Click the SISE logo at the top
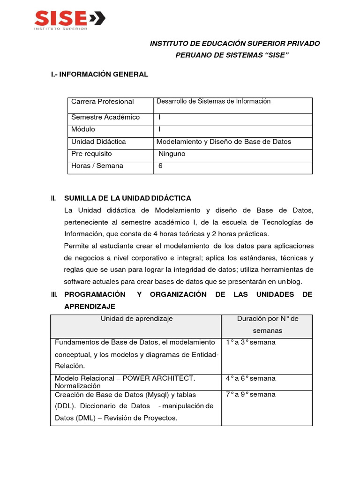(x=69, y=20)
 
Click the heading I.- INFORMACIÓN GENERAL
(x=99, y=74)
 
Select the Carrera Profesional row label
(x=102, y=102)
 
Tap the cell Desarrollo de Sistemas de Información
(x=213, y=101)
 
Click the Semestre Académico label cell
(x=105, y=117)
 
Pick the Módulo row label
(x=83, y=129)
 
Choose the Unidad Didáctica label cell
(x=98, y=142)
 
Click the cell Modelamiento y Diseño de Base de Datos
(x=224, y=142)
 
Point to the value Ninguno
(x=172, y=154)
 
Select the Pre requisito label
(x=91, y=154)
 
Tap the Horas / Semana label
(x=97, y=166)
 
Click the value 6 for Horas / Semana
(x=160, y=166)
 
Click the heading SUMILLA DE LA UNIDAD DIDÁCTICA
(x=127, y=198)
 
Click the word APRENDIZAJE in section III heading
(x=90, y=306)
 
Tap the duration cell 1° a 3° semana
(x=250, y=342)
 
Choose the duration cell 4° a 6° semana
(x=250, y=378)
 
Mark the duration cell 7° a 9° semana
(x=250, y=394)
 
